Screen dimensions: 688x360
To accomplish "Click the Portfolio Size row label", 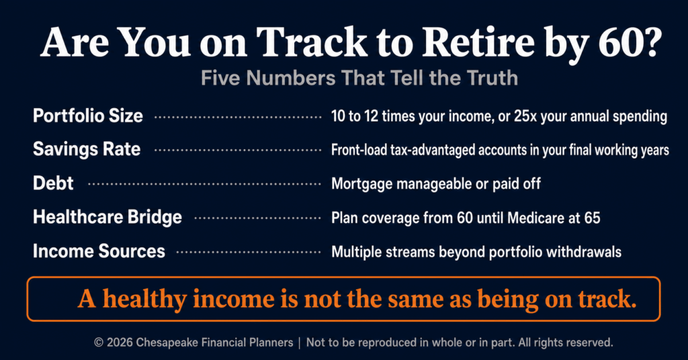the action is tap(88, 116).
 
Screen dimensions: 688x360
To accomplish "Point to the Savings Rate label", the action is tap(87, 150).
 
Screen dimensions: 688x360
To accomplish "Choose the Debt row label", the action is tap(53, 183).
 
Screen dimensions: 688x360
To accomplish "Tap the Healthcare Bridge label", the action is tap(107, 217).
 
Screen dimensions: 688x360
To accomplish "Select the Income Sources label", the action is tap(99, 251).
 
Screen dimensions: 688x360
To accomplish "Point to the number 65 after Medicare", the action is tap(592, 218).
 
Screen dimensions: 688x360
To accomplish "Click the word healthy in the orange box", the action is tap(145, 300).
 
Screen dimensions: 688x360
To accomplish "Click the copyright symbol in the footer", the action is tap(99, 343).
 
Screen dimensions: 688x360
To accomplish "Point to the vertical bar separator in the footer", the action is tap(300, 343).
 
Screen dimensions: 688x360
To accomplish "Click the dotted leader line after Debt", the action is tap(204, 184).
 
